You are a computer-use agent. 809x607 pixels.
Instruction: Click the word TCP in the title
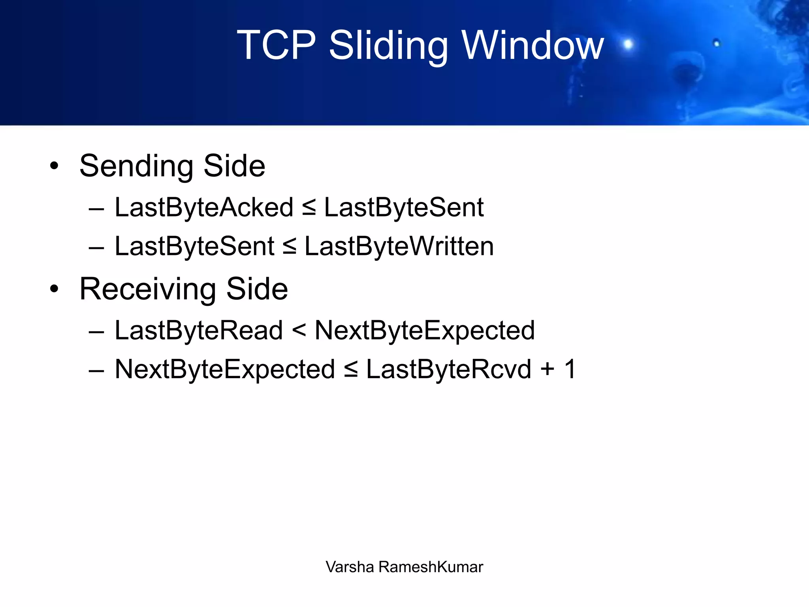[277, 45]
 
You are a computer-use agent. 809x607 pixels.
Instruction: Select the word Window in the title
[533, 45]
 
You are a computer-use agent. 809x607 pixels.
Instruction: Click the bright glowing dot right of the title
[628, 44]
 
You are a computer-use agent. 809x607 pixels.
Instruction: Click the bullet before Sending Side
[54, 166]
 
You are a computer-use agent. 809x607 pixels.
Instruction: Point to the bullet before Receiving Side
[54, 289]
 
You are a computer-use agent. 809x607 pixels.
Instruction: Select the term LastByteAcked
[204, 207]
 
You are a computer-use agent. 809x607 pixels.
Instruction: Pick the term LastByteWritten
[399, 247]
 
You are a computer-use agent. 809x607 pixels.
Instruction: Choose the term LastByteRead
[199, 330]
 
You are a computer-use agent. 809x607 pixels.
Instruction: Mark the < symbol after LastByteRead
[299, 330]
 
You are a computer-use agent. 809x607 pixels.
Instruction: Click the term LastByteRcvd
[448, 369]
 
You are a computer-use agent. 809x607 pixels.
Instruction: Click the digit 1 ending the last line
[570, 369]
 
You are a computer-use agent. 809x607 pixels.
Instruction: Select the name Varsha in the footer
[350, 567]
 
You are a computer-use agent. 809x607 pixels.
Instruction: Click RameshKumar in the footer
[431, 567]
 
